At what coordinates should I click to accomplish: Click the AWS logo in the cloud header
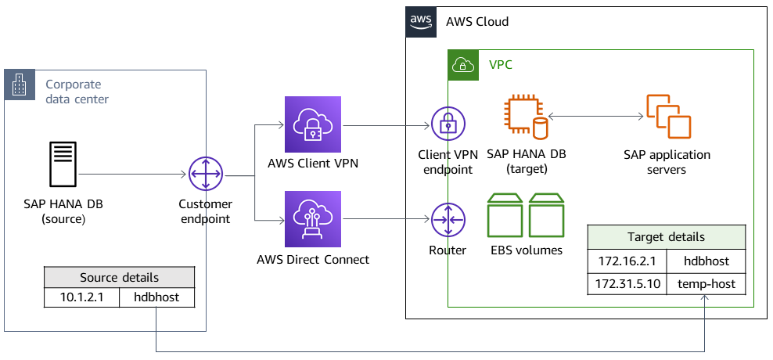point(421,22)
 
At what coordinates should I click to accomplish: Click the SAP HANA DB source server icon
point(63,165)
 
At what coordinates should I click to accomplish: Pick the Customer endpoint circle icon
point(207,175)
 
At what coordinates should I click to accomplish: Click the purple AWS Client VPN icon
point(314,124)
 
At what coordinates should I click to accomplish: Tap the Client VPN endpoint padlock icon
point(448,124)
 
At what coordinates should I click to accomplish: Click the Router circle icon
point(448,221)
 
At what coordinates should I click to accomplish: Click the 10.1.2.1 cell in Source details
point(82,297)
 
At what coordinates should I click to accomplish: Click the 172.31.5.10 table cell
point(626,283)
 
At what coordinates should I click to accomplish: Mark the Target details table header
point(666,237)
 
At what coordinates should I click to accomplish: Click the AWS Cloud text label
point(476,22)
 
